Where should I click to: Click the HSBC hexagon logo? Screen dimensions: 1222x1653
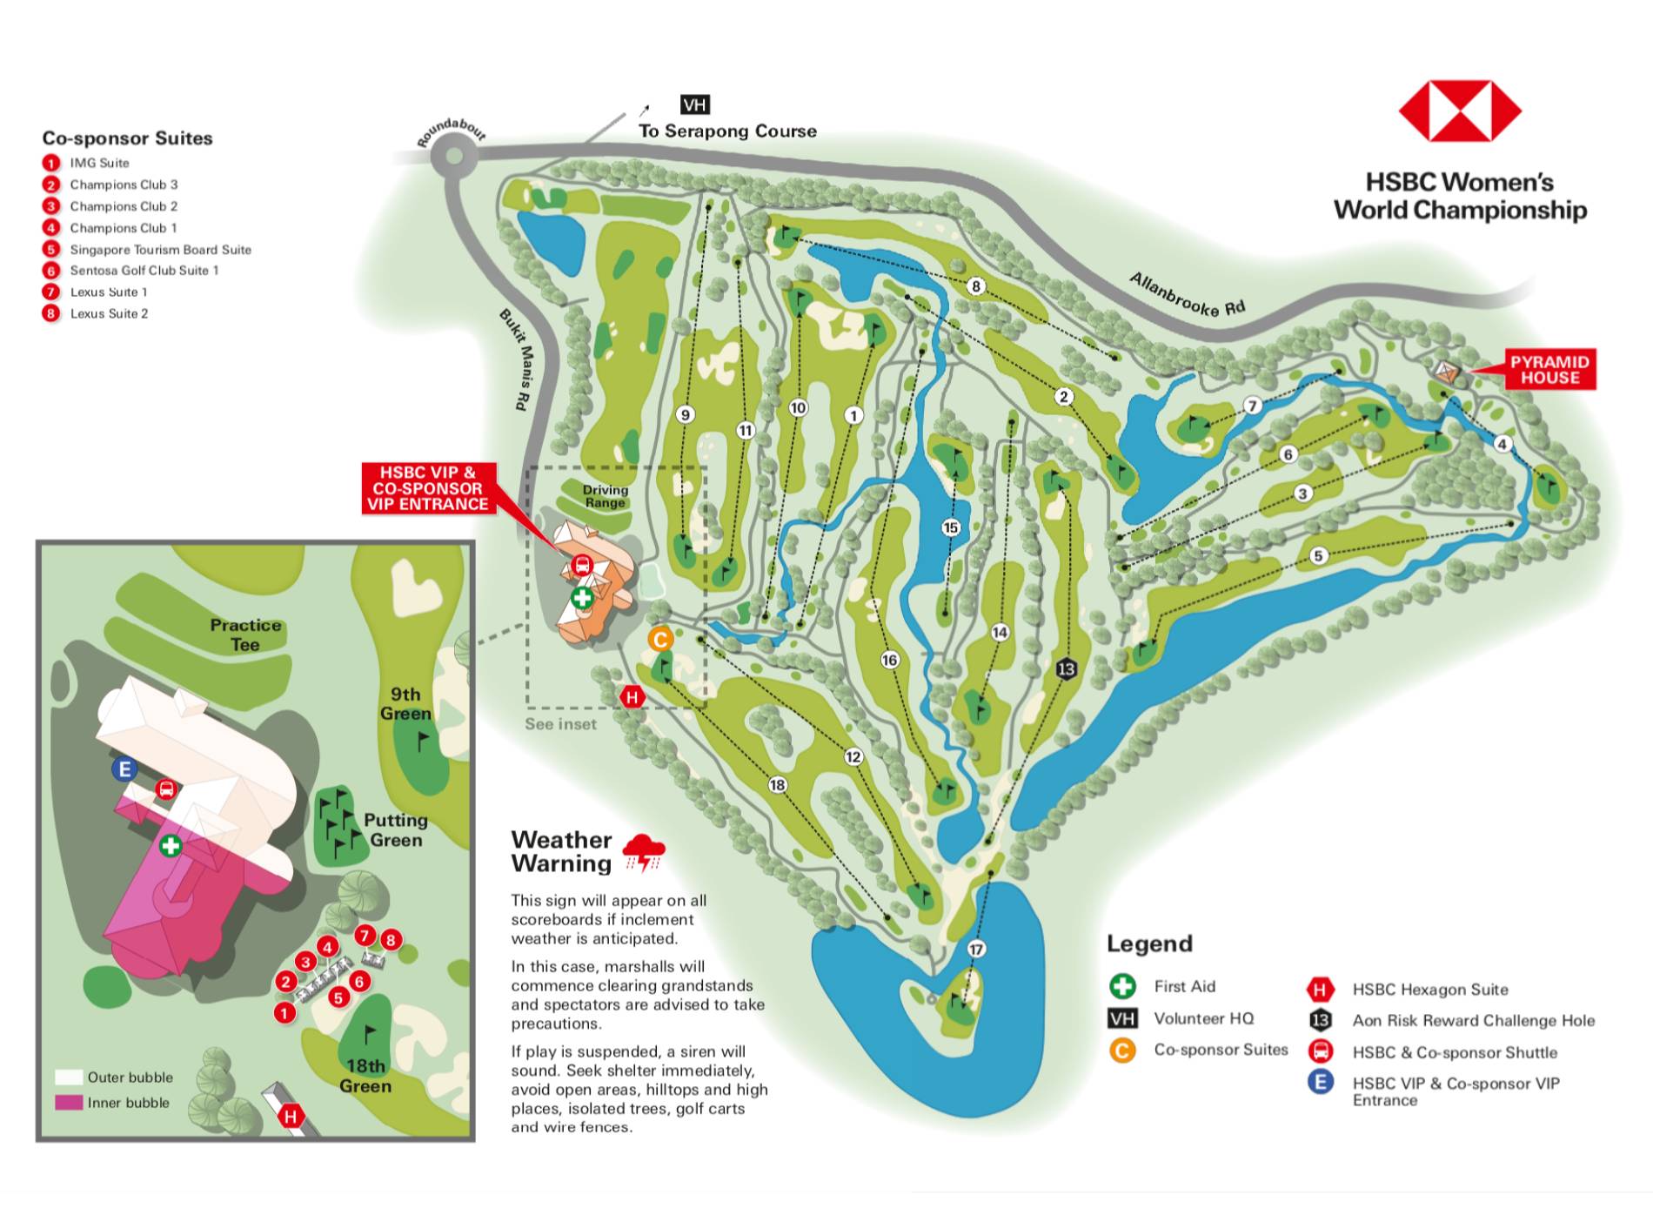point(1459,111)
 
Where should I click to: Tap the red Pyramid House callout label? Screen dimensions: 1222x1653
point(1549,370)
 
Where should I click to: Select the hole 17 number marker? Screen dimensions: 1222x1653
point(975,949)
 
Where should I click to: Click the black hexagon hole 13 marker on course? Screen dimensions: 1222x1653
point(1066,668)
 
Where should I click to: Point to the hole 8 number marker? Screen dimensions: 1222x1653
point(975,286)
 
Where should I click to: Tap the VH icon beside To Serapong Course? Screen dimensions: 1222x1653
point(694,105)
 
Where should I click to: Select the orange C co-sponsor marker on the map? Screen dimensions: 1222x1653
point(660,640)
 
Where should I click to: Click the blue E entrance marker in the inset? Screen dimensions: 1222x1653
point(125,769)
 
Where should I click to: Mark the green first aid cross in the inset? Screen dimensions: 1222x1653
point(171,845)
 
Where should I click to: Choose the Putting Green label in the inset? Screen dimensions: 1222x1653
point(395,829)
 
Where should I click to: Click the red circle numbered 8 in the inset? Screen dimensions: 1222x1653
point(391,939)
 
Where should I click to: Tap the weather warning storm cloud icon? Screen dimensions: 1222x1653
point(644,851)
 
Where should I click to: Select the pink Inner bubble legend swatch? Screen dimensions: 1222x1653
point(69,1103)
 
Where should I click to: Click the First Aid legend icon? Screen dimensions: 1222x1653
point(1122,986)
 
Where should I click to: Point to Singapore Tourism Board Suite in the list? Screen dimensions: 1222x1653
point(160,250)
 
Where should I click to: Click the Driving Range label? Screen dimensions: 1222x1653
point(605,496)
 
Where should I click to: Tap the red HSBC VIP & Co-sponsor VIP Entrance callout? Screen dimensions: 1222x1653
point(427,488)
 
